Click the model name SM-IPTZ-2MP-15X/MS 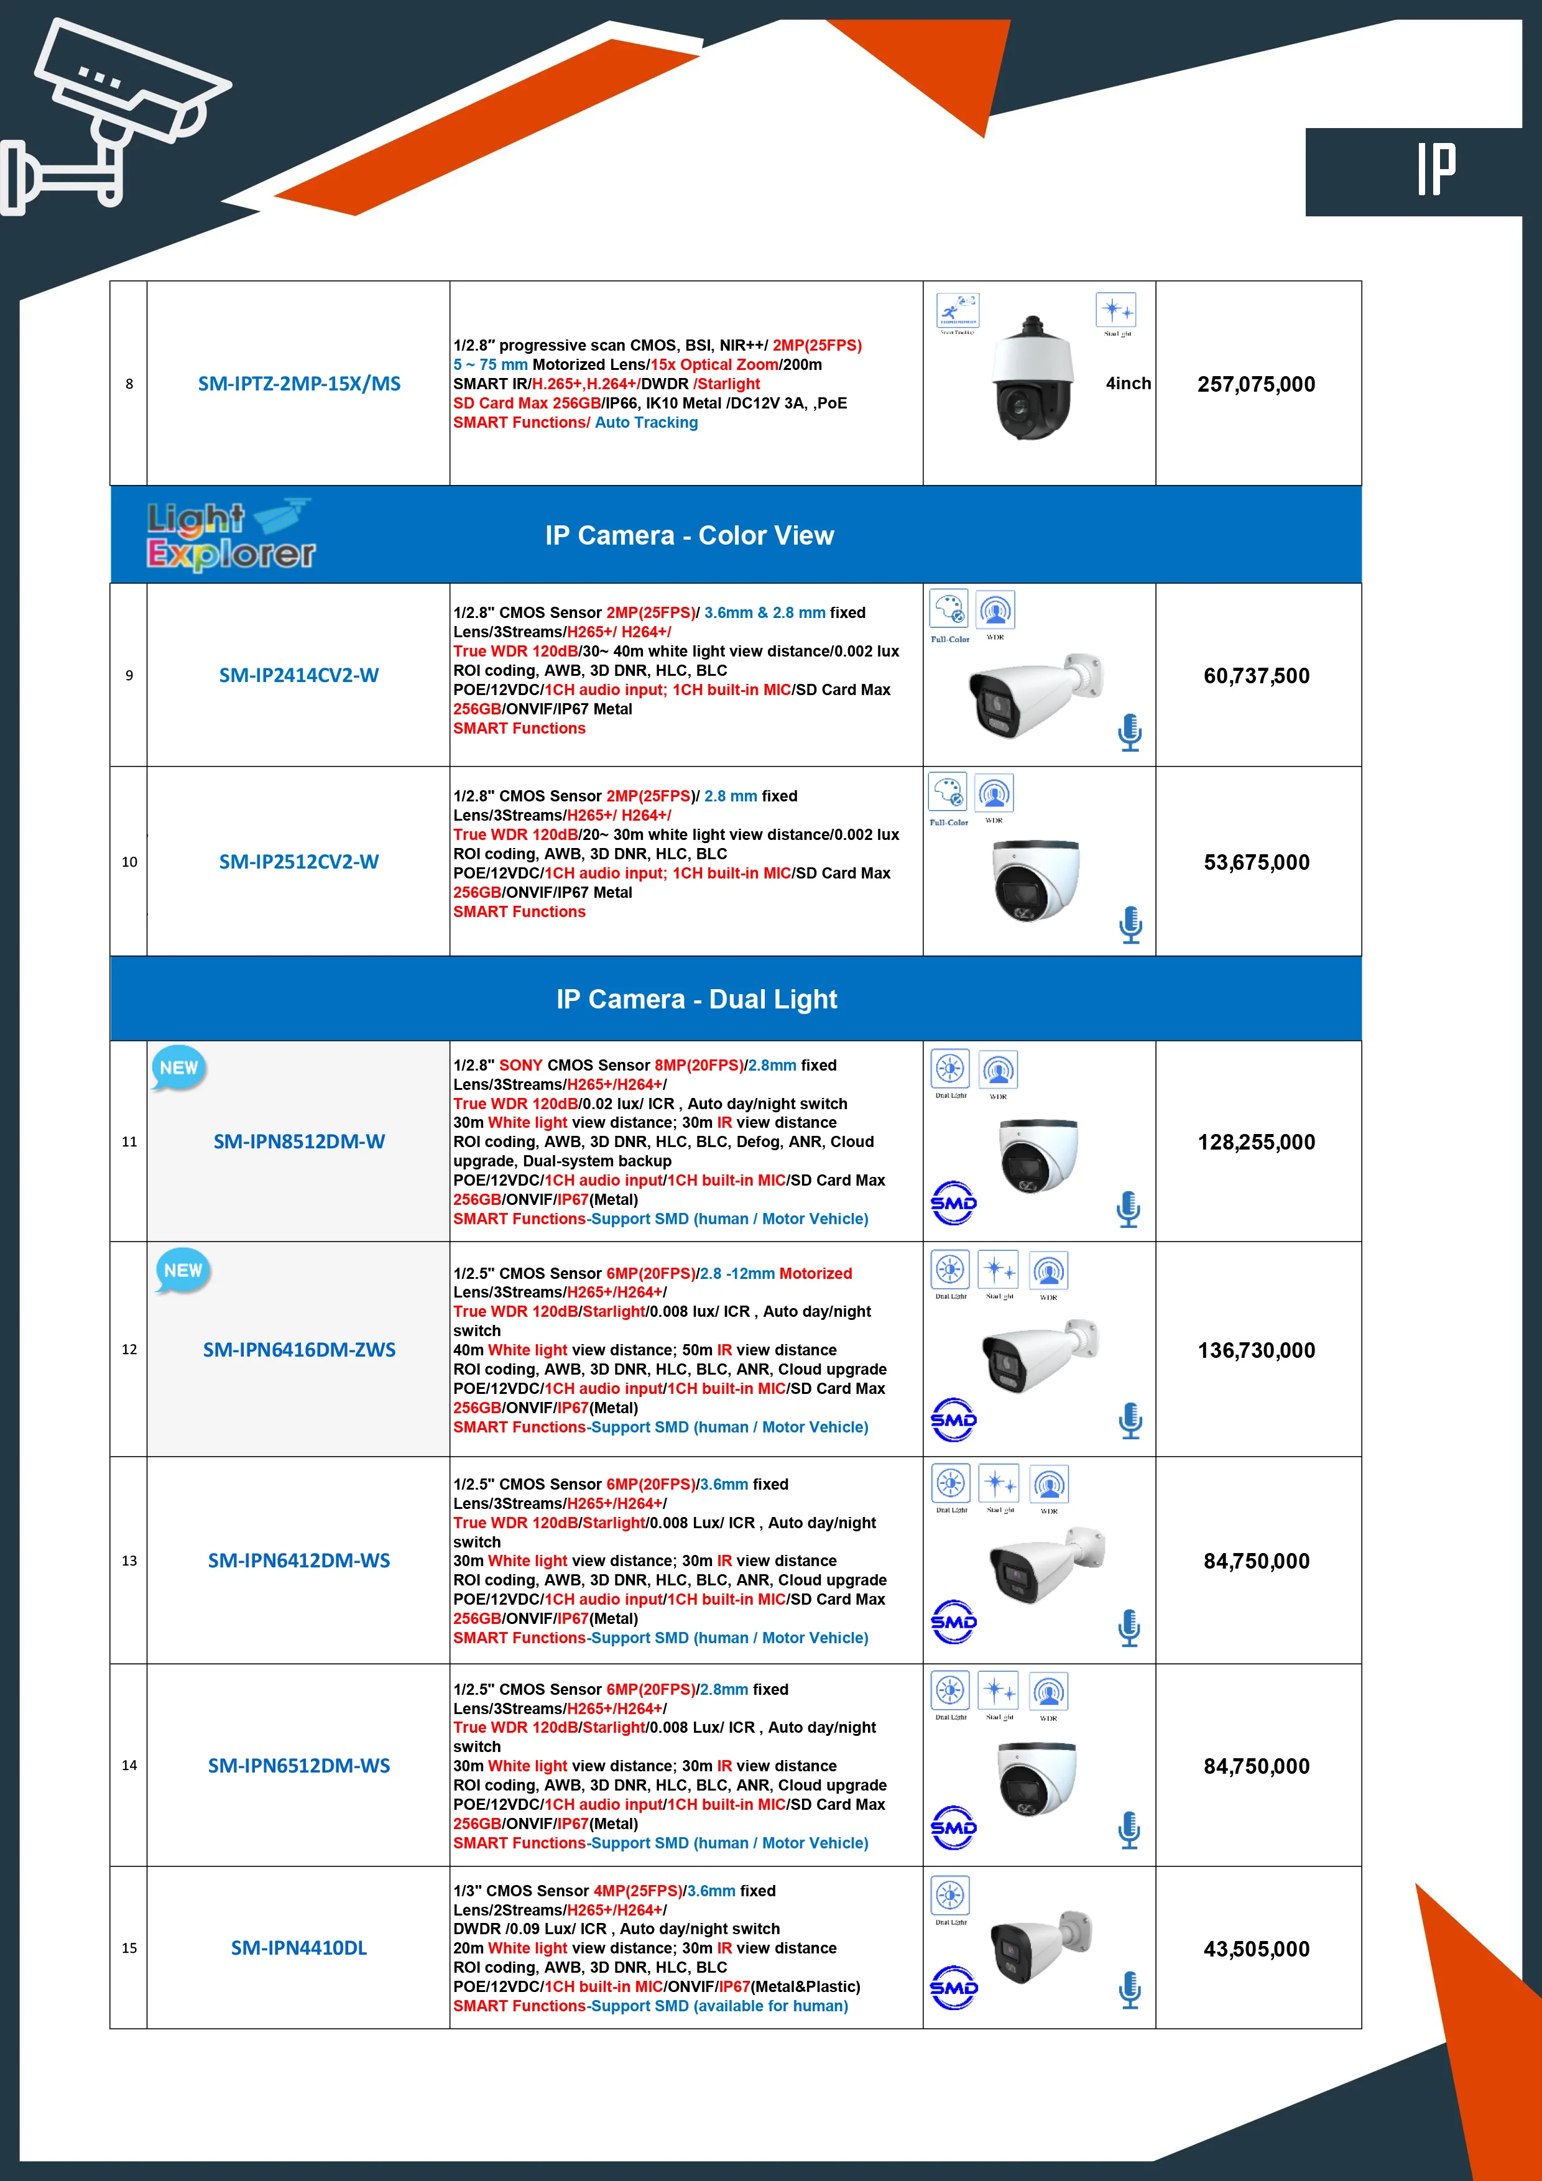pyautogui.click(x=298, y=384)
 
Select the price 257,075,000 pyautogui.click(x=1256, y=385)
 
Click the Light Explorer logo pyautogui.click(x=231, y=535)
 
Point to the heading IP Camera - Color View pyautogui.click(x=689, y=536)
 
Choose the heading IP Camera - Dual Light pyautogui.click(x=696, y=999)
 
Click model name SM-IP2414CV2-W pyautogui.click(x=298, y=675)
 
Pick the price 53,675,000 pyautogui.click(x=1256, y=862)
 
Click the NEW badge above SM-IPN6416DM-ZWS pyautogui.click(x=182, y=1271)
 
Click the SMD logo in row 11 pyautogui.click(x=953, y=1204)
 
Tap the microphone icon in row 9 pyautogui.click(x=1130, y=732)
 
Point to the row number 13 pyautogui.click(x=129, y=1561)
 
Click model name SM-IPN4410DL pyautogui.click(x=298, y=1948)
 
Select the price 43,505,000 pyautogui.click(x=1256, y=1949)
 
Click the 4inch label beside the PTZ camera pyautogui.click(x=1128, y=384)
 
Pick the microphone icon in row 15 pyautogui.click(x=1130, y=1990)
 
